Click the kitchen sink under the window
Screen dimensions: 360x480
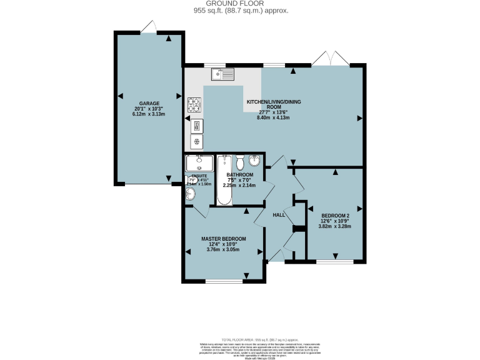[x=222, y=75]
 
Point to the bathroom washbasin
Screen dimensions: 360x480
[x=255, y=160]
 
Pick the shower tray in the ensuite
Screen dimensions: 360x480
[x=199, y=164]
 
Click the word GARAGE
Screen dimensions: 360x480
[x=149, y=104]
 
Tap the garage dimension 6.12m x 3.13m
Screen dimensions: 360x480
[x=149, y=114]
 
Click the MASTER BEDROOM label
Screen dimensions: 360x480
[x=223, y=239]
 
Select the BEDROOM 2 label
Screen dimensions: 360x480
[x=336, y=215]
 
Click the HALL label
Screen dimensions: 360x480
[x=279, y=215]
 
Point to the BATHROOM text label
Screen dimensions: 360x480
[x=240, y=174]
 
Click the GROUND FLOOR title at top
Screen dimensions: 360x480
[x=240, y=4]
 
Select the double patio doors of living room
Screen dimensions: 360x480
[x=330, y=59]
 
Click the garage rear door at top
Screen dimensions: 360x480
[x=148, y=27]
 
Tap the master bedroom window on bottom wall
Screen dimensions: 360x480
[x=223, y=281]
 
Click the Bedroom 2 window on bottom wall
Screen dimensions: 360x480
[x=334, y=261]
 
